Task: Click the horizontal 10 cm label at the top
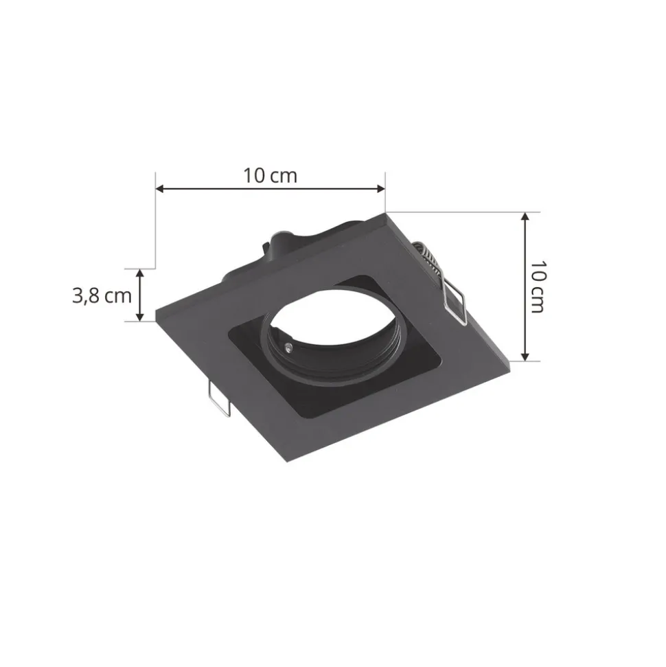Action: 270,175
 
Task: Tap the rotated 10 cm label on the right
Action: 538,286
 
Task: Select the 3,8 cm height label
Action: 102,295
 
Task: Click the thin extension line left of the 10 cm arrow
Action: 156,227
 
